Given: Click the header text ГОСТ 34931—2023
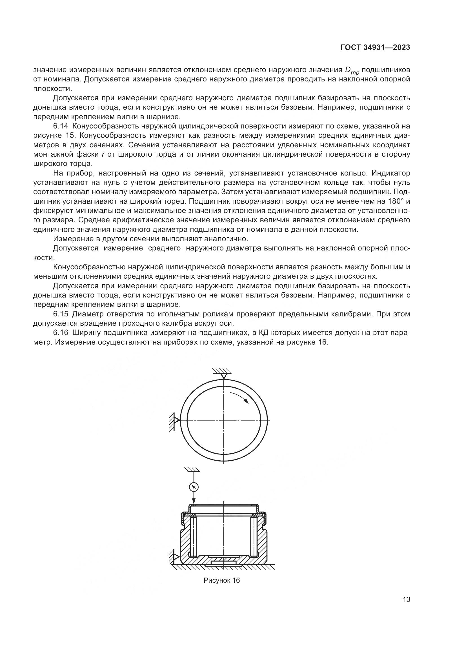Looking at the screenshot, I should coord(375,48).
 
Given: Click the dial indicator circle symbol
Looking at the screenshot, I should coord(194,487).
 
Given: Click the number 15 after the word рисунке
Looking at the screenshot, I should coord(66,136).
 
